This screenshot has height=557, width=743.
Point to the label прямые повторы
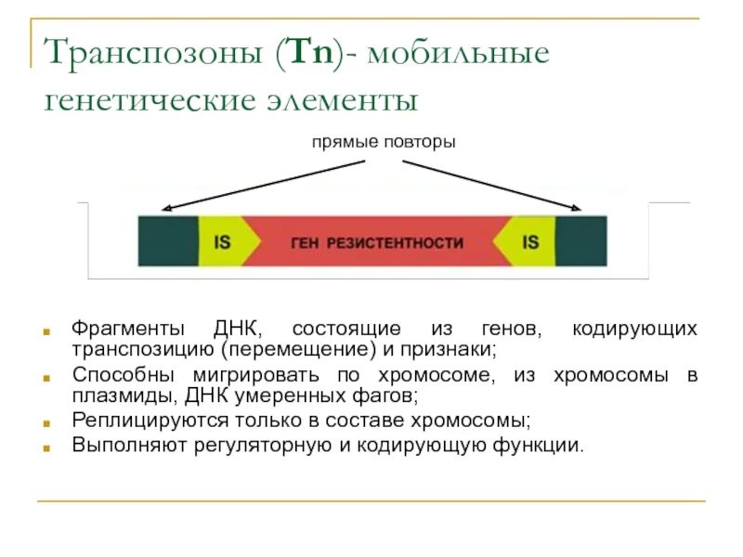click(x=383, y=143)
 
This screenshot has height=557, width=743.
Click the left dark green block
click(x=168, y=242)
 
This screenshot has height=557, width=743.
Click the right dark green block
click(x=580, y=242)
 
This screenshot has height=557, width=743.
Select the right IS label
click(x=530, y=242)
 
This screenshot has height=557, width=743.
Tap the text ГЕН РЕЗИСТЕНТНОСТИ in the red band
click(x=377, y=243)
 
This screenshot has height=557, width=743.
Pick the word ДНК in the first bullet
click(x=238, y=330)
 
